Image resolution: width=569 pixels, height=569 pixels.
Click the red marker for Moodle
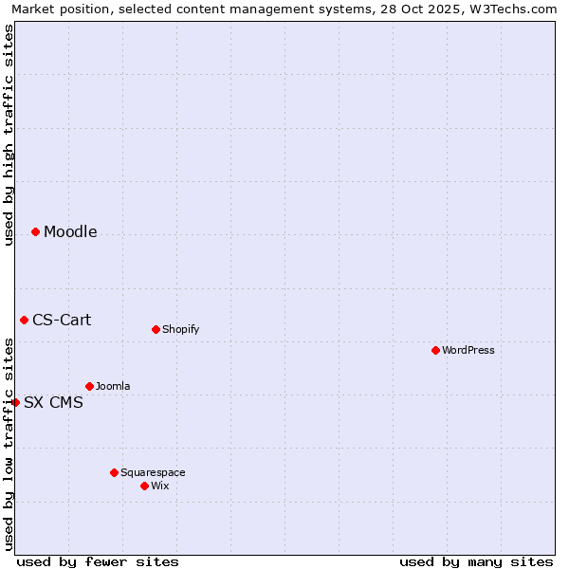pyautogui.click(x=35, y=232)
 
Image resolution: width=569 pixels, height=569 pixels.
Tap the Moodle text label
pyautogui.click(x=70, y=232)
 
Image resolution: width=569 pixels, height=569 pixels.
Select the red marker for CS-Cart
pyautogui.click(x=24, y=321)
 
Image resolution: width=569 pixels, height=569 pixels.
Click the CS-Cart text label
pyautogui.click(x=62, y=321)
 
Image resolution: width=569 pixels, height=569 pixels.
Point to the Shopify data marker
pyautogui.click(x=156, y=330)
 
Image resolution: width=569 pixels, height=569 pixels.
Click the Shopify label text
pyautogui.click(x=180, y=330)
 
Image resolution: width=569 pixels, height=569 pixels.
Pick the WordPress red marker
pyautogui.click(x=435, y=351)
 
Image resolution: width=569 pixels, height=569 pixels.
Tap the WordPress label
pyautogui.click(x=468, y=351)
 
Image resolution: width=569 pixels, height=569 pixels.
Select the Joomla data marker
pyautogui.click(x=89, y=387)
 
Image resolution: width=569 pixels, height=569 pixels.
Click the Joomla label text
pyautogui.click(x=113, y=387)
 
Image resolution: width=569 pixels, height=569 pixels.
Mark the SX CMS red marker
pyautogui.click(x=15, y=403)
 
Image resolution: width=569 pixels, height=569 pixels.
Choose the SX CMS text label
pyautogui.click(x=53, y=403)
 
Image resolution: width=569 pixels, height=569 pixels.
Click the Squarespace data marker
pyautogui.click(x=114, y=473)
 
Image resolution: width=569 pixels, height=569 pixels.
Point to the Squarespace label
pyautogui.click(x=153, y=473)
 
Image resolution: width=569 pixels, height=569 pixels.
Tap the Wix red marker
pyautogui.click(x=144, y=486)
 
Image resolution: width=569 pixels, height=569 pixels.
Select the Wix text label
pyautogui.click(x=160, y=486)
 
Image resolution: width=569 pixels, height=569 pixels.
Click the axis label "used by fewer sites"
pyautogui.click(x=98, y=561)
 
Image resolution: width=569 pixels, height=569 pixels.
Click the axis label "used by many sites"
pyautogui.click(x=476, y=561)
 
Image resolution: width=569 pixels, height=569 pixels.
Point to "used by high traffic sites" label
pyautogui.click(x=9, y=135)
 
